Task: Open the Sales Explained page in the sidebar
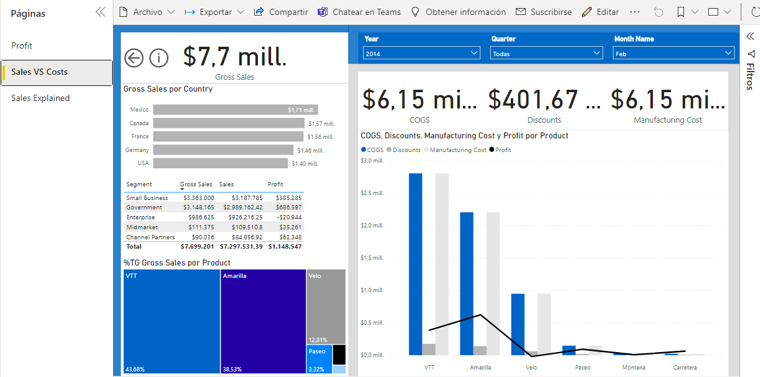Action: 40,98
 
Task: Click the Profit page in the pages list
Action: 22,45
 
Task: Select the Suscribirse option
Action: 543,12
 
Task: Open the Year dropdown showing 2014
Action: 421,54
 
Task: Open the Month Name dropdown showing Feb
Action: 673,54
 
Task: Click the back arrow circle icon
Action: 134,58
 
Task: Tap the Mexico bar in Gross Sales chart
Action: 235,110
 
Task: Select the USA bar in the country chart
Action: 221,163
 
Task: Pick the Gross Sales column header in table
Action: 196,184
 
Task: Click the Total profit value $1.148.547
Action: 285,247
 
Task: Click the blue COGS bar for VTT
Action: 416,262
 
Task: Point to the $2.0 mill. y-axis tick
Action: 372,226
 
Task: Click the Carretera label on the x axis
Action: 685,368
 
